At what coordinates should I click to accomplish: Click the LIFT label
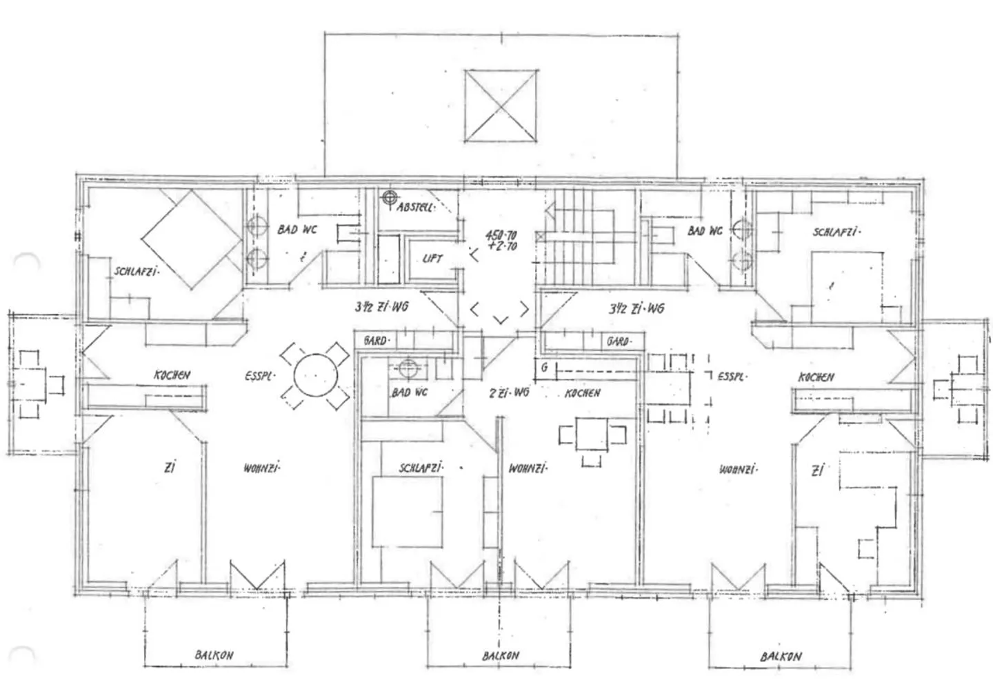click(432, 259)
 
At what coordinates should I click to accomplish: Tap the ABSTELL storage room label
click(415, 207)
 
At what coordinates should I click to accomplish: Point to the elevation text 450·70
click(501, 236)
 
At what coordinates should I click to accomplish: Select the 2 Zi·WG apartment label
click(508, 392)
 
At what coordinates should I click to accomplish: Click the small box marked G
click(544, 368)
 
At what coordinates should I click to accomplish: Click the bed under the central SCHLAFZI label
click(407, 511)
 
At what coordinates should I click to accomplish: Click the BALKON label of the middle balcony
click(501, 655)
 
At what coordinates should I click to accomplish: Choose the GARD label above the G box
click(617, 341)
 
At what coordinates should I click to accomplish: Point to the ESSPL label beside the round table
click(259, 377)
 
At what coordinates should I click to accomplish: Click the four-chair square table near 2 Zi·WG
click(592, 435)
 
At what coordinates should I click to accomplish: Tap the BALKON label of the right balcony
click(781, 656)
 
